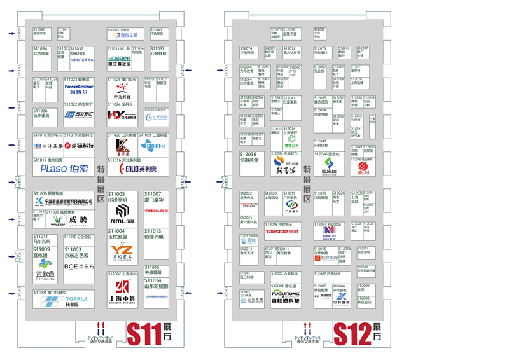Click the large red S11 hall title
143,334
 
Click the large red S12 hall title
350,334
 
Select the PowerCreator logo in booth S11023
79,87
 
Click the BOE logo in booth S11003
79,267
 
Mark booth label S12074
246,48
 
